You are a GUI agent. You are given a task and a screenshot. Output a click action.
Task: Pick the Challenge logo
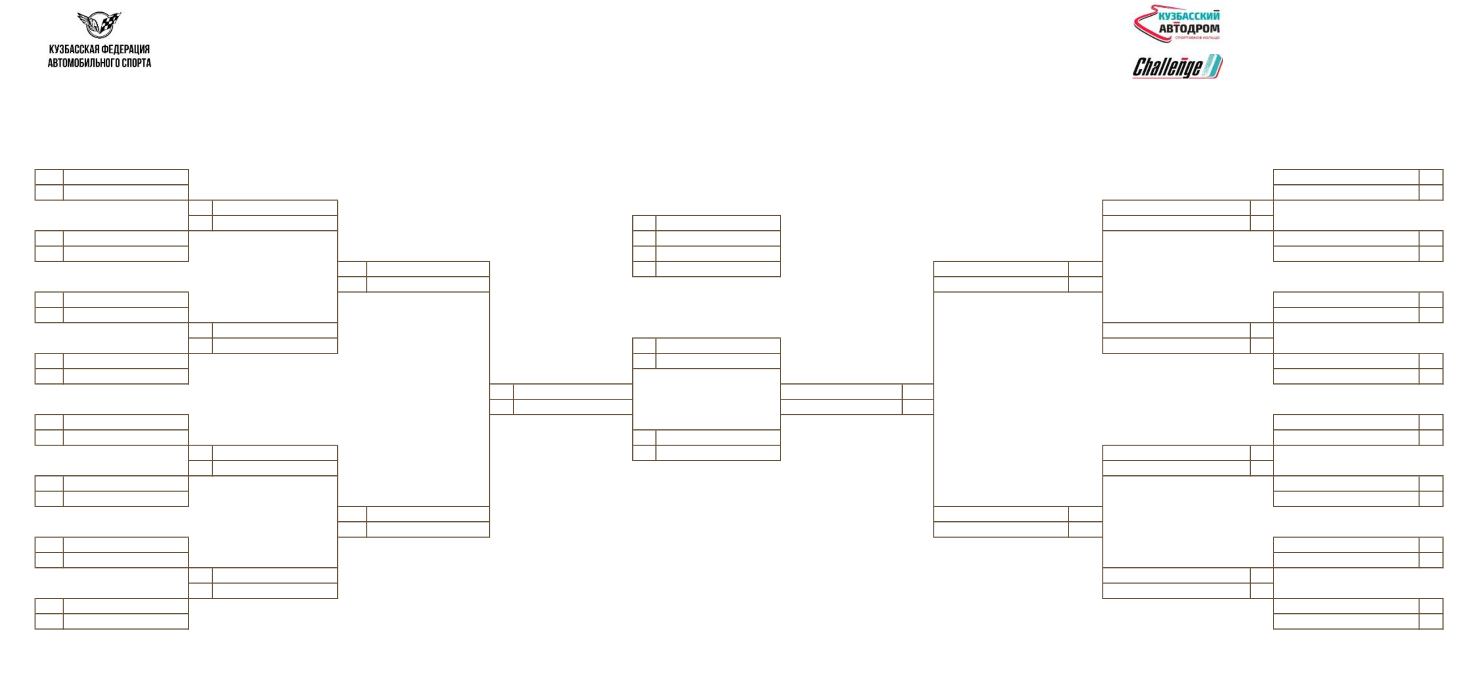(1177, 66)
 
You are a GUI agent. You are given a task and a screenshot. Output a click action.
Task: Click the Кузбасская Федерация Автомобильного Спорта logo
(99, 39)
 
